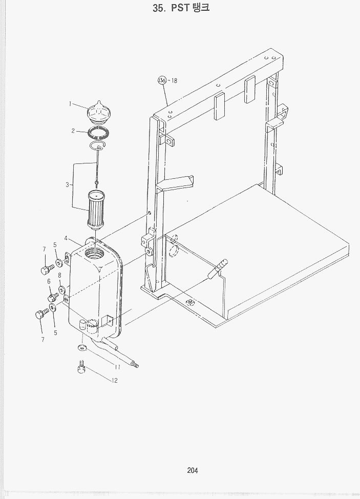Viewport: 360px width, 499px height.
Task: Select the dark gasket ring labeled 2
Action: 99,133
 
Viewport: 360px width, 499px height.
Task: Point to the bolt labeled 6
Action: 52,298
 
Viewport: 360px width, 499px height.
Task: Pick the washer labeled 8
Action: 61,289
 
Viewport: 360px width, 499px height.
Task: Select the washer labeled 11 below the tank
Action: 83,347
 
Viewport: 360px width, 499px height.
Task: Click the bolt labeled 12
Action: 81,367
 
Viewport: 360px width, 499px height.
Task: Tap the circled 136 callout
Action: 162,80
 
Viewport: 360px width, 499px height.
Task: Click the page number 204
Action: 193,470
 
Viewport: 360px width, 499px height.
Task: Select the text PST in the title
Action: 180,8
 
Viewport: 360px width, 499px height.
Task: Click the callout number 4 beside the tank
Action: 66,238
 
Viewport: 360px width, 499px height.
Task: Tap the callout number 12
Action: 115,380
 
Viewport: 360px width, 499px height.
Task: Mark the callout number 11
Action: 117,367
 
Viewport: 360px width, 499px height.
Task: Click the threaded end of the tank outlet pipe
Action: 136,364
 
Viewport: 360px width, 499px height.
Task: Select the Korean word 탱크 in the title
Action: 201,7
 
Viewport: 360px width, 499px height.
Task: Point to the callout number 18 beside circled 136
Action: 174,80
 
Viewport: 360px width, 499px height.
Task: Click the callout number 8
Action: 59,275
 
